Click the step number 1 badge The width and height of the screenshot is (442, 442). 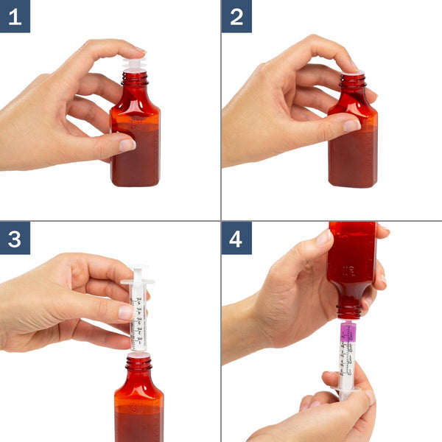point(15,16)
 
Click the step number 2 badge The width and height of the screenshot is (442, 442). point(236,16)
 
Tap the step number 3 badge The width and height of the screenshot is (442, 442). point(15,238)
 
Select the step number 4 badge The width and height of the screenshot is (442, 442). point(236,238)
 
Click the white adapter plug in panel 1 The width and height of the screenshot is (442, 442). point(134,65)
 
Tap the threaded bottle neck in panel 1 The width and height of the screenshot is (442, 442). point(135,79)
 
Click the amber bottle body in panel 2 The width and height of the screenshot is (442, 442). point(352,147)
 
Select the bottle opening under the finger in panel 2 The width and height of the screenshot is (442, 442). point(353,74)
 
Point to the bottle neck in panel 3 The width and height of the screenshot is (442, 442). point(138,364)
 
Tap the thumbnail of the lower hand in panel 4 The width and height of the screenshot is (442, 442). point(366,398)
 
